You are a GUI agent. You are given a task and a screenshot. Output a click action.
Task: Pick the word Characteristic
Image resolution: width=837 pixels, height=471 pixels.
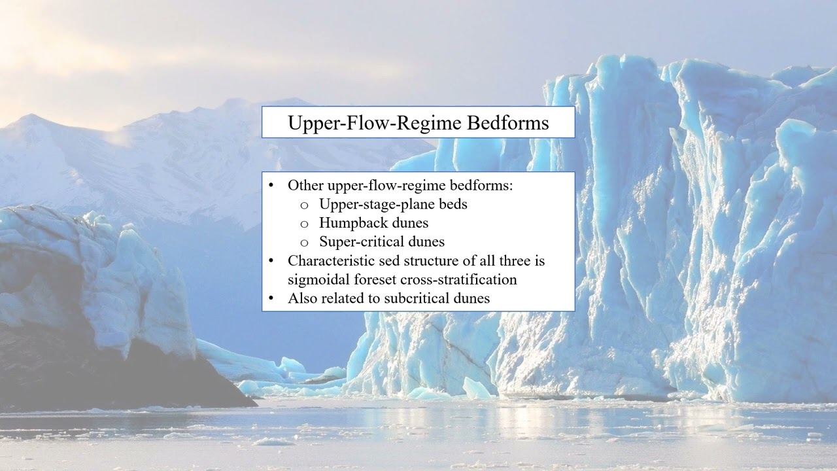pos(333,261)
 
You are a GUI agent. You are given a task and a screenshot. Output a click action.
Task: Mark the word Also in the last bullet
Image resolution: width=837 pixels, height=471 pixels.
pos(301,298)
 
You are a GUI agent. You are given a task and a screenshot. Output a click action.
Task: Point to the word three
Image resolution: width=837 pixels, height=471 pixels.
pos(528,261)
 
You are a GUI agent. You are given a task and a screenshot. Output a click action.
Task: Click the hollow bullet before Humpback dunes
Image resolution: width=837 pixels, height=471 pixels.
pos(304,224)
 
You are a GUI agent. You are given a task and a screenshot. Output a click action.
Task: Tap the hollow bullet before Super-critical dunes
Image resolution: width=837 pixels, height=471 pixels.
pos(304,243)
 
